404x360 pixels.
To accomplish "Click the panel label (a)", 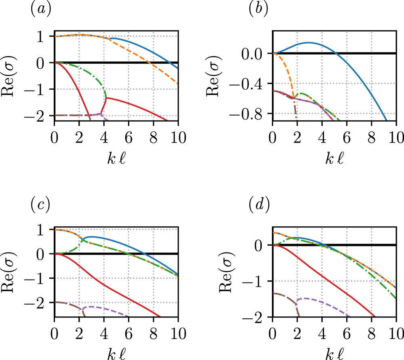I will click(40, 9).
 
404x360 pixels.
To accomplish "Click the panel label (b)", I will click(259, 9).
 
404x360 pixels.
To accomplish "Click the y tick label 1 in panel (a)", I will click(46, 36).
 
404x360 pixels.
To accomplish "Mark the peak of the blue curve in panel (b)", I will click(309, 42).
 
